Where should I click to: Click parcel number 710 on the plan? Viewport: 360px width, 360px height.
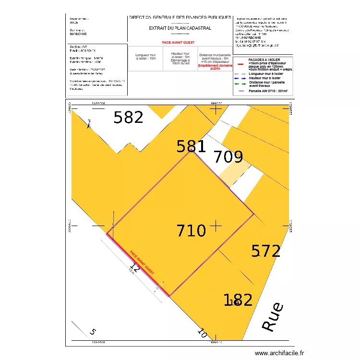(x=192, y=231)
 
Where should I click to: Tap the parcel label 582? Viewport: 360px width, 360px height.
(x=129, y=118)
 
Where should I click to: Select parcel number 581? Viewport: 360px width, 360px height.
(x=191, y=146)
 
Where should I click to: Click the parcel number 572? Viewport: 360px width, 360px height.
(x=266, y=251)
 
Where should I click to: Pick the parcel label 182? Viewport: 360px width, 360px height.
(x=238, y=300)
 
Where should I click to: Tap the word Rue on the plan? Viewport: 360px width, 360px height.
(x=273, y=317)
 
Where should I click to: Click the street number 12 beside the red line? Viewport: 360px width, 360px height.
(x=134, y=268)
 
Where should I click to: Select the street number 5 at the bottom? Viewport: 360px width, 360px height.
(x=93, y=332)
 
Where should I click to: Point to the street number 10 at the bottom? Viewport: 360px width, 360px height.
(x=202, y=332)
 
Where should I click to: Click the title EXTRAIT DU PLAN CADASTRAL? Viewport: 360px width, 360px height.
(x=180, y=28)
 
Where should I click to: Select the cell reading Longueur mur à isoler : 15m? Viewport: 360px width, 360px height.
(x=145, y=57)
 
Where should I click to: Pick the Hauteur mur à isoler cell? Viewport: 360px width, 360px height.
(x=180, y=59)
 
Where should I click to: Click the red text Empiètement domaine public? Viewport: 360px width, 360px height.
(x=215, y=67)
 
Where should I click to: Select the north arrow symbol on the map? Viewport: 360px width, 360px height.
(x=89, y=123)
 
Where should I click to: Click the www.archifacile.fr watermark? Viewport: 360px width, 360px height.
(x=279, y=353)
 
